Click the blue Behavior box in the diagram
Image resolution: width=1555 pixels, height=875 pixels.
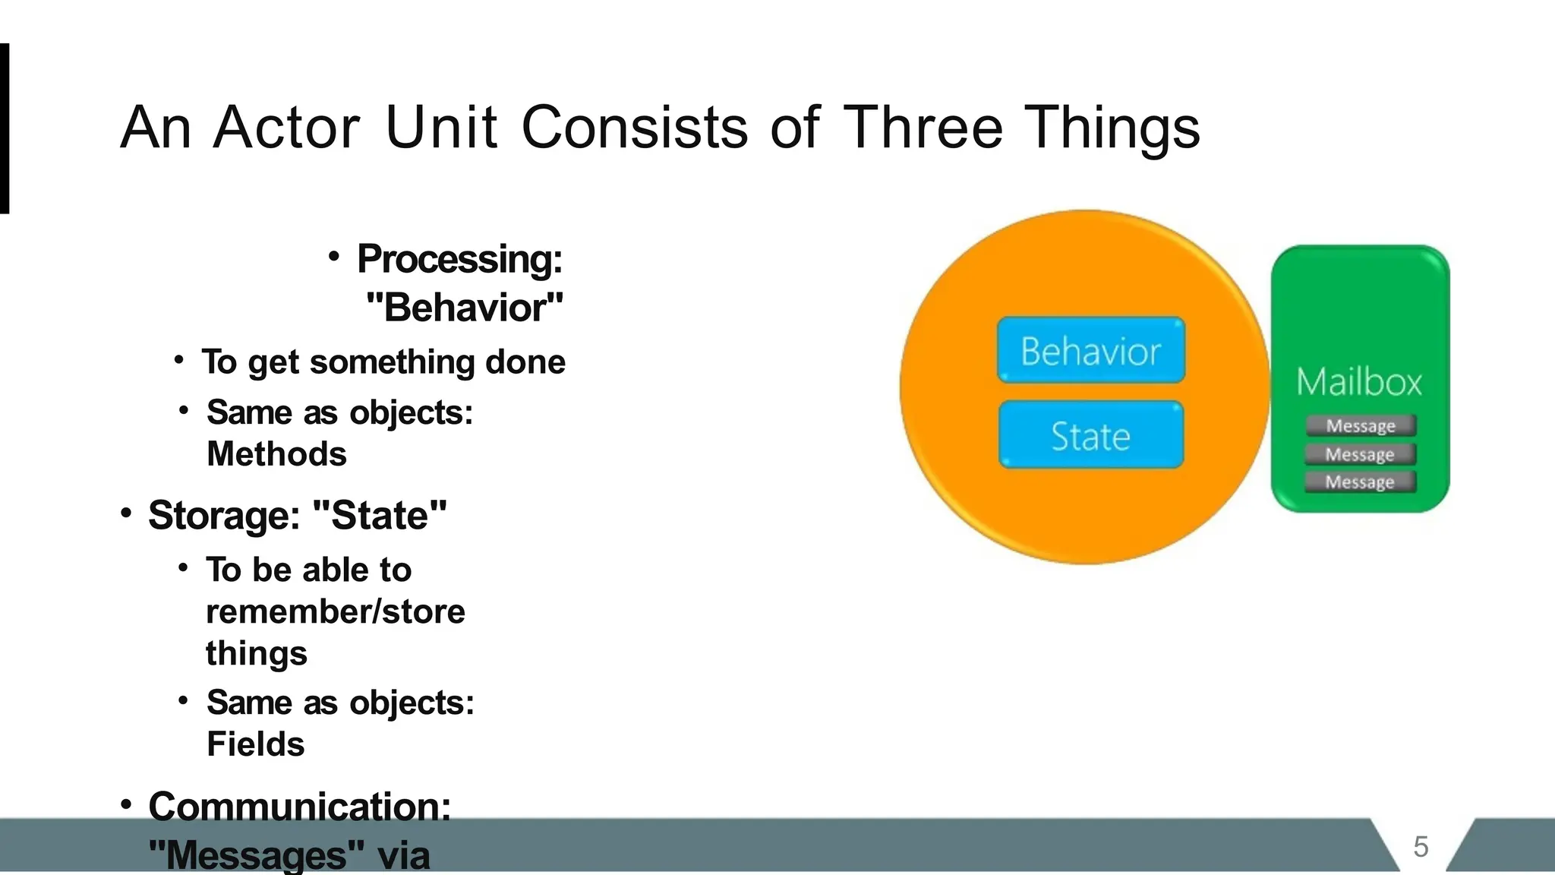coord(1090,350)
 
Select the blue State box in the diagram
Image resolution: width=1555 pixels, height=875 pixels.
coord(1090,435)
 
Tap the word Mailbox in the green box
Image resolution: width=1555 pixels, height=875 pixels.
coord(1358,381)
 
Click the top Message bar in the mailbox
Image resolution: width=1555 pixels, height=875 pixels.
coord(1361,425)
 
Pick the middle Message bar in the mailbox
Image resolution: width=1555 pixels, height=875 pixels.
coord(1360,454)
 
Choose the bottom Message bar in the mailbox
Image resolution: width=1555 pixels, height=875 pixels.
coord(1360,482)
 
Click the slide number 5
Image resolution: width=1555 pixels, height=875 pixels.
coord(1421,847)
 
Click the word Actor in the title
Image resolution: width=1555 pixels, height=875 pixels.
coord(286,127)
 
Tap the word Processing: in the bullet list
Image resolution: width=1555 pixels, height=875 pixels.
coord(460,259)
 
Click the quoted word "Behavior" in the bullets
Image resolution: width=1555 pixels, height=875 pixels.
coord(465,308)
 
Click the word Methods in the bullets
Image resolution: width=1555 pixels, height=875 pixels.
coord(276,454)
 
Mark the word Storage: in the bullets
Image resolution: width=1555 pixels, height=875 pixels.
coord(224,516)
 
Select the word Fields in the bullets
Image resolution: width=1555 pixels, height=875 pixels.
coord(255,744)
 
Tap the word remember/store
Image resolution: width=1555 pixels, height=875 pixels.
coord(335,611)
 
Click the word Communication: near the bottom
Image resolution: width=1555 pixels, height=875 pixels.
coord(299,806)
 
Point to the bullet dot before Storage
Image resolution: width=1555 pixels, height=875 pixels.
coord(126,513)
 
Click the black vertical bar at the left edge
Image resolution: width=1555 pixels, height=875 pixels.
coord(4,128)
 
